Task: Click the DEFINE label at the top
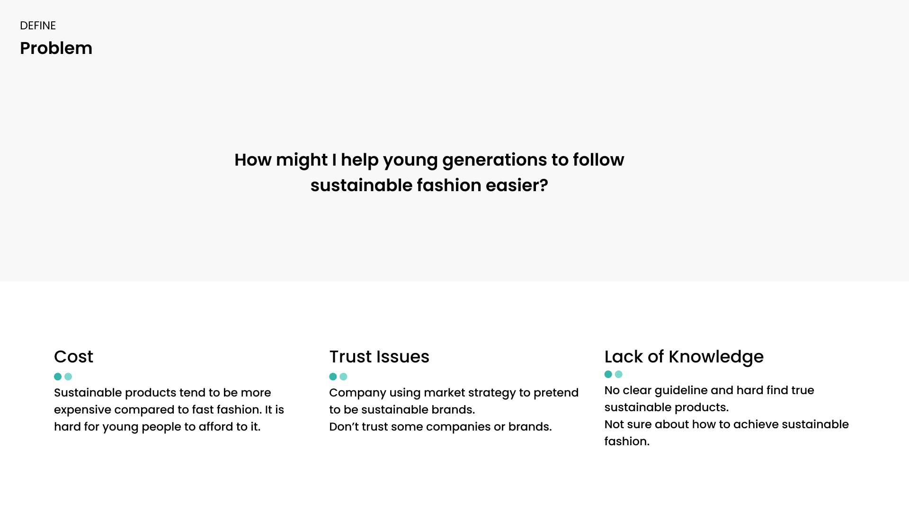tap(38, 26)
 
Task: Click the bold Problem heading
tap(56, 48)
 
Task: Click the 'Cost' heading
tap(74, 357)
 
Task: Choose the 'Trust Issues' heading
tap(379, 357)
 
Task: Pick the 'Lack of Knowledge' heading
tap(684, 357)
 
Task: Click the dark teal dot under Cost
tap(58, 377)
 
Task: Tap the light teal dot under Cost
tap(68, 377)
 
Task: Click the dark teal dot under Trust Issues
tap(333, 377)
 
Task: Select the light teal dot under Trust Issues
tap(343, 377)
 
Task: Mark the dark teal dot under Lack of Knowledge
tap(608, 374)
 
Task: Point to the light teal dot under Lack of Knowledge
tap(619, 374)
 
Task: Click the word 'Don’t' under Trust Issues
tap(344, 427)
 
